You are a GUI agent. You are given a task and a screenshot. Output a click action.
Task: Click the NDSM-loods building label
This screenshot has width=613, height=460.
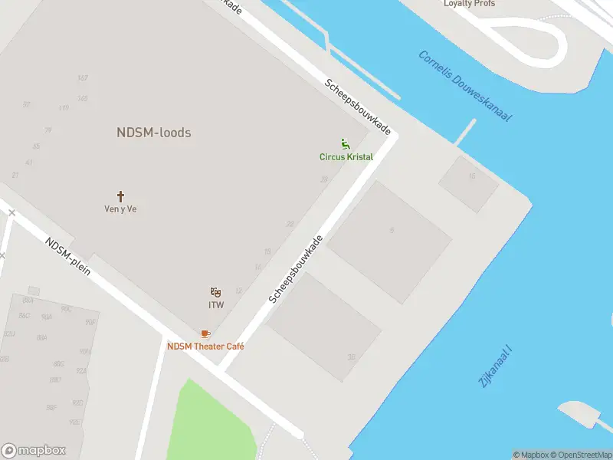click(153, 133)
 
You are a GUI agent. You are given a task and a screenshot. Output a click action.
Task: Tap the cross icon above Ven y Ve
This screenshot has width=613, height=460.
click(120, 196)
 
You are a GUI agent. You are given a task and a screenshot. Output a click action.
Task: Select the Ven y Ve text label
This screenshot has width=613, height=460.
click(120, 209)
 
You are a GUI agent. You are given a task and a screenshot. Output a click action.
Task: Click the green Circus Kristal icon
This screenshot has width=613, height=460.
click(346, 143)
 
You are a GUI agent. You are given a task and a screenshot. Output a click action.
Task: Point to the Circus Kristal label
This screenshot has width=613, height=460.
click(346, 157)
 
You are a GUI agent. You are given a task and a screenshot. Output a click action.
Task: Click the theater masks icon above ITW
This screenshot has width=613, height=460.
click(216, 292)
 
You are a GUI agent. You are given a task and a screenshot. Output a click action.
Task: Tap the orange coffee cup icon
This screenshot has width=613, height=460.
click(205, 334)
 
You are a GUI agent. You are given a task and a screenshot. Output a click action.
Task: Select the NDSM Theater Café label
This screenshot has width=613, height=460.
click(205, 347)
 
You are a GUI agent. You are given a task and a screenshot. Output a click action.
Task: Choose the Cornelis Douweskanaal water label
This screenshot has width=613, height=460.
click(464, 85)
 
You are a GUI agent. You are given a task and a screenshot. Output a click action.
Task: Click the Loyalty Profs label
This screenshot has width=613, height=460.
click(469, 4)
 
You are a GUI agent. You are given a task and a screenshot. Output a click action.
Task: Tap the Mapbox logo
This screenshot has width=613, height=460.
click(34, 450)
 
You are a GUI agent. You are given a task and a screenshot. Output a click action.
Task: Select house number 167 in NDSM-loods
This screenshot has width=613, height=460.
click(83, 78)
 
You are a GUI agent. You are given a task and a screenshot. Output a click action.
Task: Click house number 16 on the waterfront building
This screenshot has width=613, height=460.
click(472, 176)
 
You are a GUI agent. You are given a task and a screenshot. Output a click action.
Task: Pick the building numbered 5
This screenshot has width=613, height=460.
click(392, 230)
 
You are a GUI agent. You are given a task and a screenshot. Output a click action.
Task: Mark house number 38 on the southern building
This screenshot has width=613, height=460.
click(352, 356)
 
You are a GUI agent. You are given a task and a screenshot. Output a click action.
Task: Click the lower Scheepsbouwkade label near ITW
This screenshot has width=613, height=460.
click(296, 269)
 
